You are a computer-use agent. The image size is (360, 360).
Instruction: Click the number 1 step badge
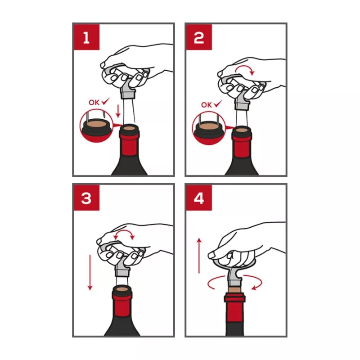tap(86, 37)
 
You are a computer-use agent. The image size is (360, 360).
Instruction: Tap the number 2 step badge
tap(199, 37)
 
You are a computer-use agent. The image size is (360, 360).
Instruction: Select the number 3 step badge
tap(86, 198)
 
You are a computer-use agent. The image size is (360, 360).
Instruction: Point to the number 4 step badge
tap(199, 198)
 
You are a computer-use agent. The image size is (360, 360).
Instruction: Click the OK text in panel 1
tap(94, 103)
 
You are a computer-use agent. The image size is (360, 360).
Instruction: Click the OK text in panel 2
tap(207, 105)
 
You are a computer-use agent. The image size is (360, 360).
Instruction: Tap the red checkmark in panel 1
tap(106, 101)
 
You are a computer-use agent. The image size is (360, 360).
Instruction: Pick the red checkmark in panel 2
tap(218, 103)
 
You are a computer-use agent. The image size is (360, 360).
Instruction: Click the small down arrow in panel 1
tap(118, 111)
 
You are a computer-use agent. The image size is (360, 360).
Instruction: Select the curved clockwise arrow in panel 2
tap(245, 66)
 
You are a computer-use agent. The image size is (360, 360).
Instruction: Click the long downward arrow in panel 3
tap(90, 273)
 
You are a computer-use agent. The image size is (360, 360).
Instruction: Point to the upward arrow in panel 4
tap(199, 256)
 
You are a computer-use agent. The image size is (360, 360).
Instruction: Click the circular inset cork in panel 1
tap(96, 124)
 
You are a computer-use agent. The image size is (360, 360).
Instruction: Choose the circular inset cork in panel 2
tap(209, 126)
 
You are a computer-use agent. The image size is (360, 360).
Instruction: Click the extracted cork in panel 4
tap(234, 289)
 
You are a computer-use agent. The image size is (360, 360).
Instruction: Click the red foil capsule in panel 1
tap(129, 144)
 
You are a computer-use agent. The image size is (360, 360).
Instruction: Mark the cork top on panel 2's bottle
tap(242, 130)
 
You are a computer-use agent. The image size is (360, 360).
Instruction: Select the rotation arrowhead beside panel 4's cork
tap(254, 288)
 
